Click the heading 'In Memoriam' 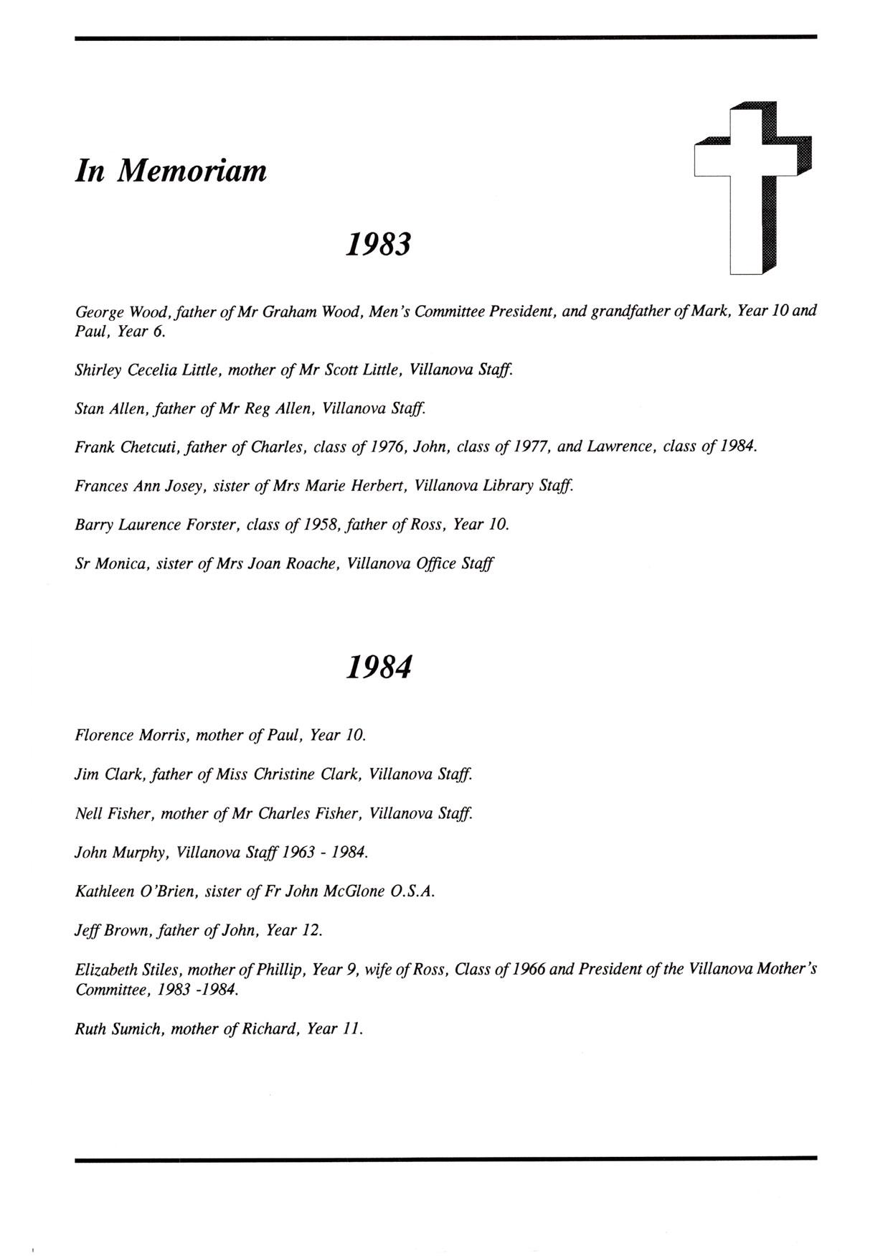point(171,171)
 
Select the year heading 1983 point(379,244)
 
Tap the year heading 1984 point(379,667)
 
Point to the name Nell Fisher point(112,814)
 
